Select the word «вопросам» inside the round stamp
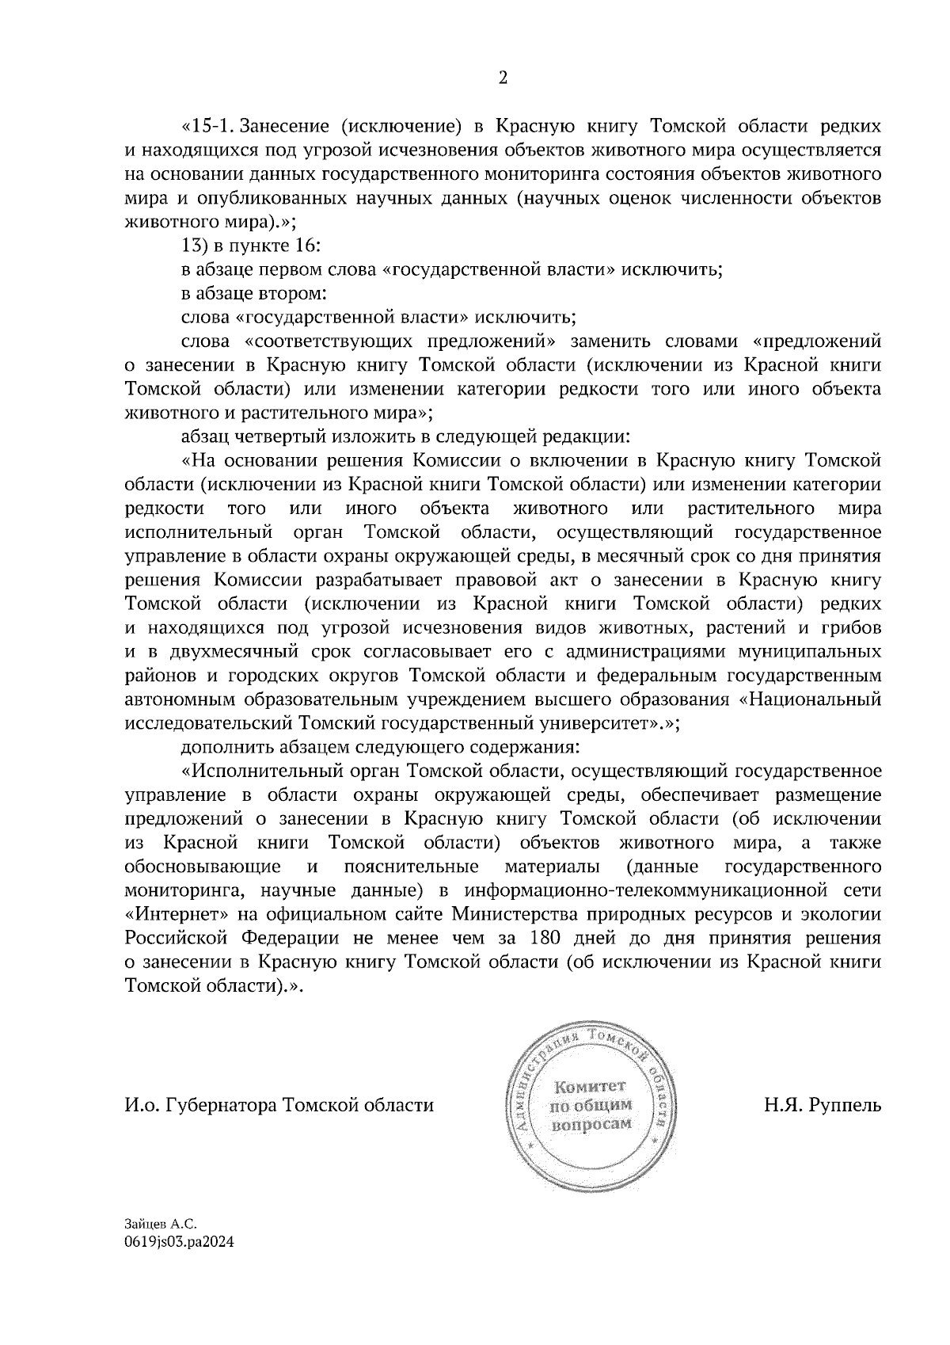point(591,1125)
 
